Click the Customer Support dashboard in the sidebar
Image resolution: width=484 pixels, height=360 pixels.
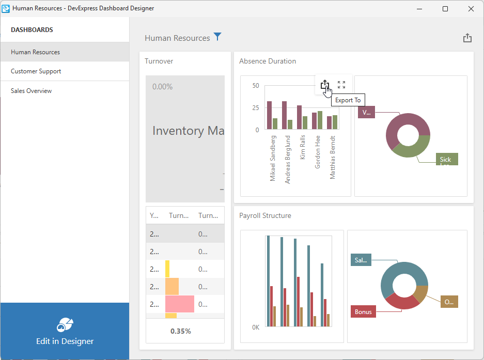(x=36, y=71)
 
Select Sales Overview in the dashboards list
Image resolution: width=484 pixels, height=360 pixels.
(x=32, y=91)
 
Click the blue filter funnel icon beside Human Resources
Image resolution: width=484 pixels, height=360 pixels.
(x=217, y=37)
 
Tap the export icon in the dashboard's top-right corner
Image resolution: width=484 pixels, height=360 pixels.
(x=467, y=38)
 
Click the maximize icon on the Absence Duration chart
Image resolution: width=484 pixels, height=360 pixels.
(x=341, y=85)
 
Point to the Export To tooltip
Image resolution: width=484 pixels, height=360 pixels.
(x=348, y=100)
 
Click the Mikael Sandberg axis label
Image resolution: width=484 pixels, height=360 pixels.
(x=273, y=158)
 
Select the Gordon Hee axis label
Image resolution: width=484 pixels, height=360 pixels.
(x=318, y=152)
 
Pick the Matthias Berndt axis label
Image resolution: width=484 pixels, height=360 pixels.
(x=333, y=158)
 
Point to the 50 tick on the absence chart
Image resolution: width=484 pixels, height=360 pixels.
(x=256, y=86)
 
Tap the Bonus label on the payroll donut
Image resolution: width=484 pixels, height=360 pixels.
(x=363, y=312)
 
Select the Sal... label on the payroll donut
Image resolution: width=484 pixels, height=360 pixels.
(x=361, y=260)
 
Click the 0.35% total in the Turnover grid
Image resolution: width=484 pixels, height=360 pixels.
(x=181, y=331)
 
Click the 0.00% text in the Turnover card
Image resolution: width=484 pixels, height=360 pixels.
(x=163, y=87)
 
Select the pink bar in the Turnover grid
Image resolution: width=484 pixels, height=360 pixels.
(x=180, y=304)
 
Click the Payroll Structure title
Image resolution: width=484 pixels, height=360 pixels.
(x=265, y=216)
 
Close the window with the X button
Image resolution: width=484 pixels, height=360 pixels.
(x=471, y=9)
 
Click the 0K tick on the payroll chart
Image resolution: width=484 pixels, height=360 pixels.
(x=256, y=327)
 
